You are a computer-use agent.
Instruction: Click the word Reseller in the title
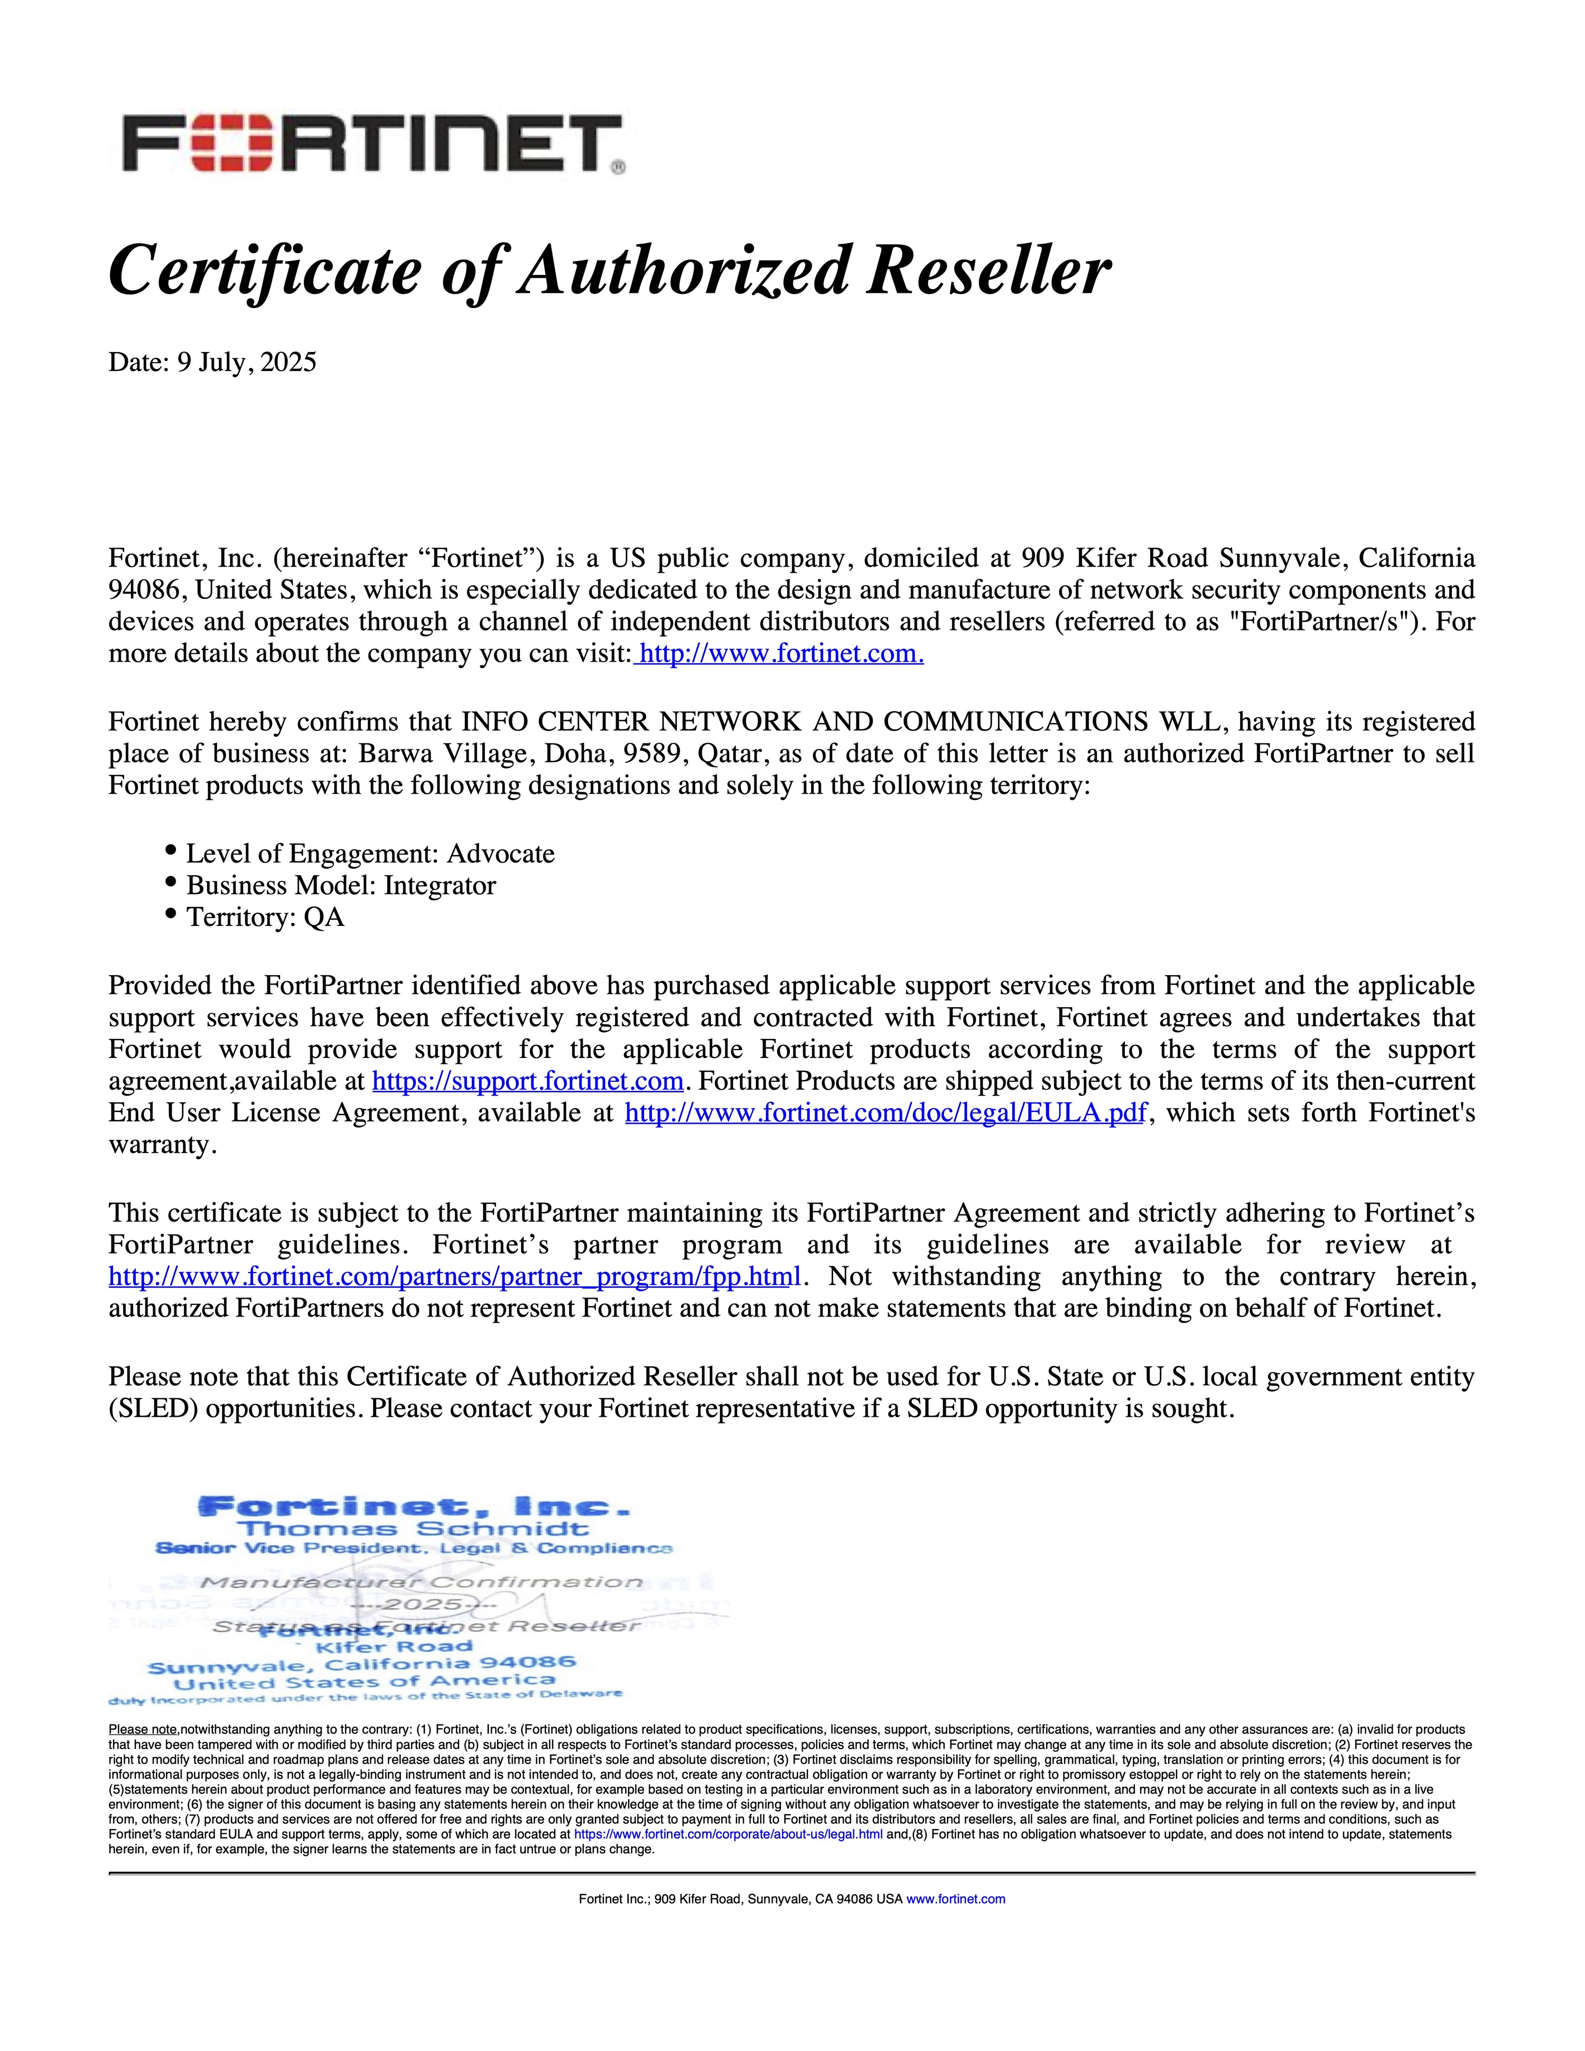click(988, 272)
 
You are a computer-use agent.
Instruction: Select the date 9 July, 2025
click(247, 363)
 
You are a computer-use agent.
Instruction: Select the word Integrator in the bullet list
click(440, 886)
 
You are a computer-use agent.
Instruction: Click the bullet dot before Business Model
click(171, 883)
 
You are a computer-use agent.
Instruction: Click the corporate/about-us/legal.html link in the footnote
click(728, 1834)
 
